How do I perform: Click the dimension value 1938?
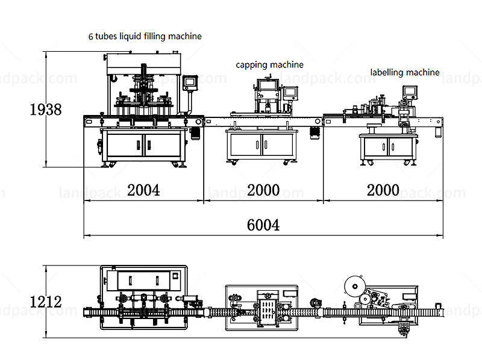(x=46, y=110)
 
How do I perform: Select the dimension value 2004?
(x=143, y=190)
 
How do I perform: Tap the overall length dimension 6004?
(x=263, y=225)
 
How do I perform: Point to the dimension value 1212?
(x=46, y=302)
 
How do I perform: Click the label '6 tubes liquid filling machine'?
(x=145, y=36)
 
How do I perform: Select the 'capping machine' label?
(x=269, y=64)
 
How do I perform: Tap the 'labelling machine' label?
(x=405, y=72)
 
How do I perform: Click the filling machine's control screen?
(x=191, y=81)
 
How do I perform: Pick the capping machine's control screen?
(x=290, y=92)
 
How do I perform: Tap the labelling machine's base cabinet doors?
(x=387, y=146)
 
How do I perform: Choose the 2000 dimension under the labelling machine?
(x=383, y=190)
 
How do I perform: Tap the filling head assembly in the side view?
(x=143, y=90)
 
